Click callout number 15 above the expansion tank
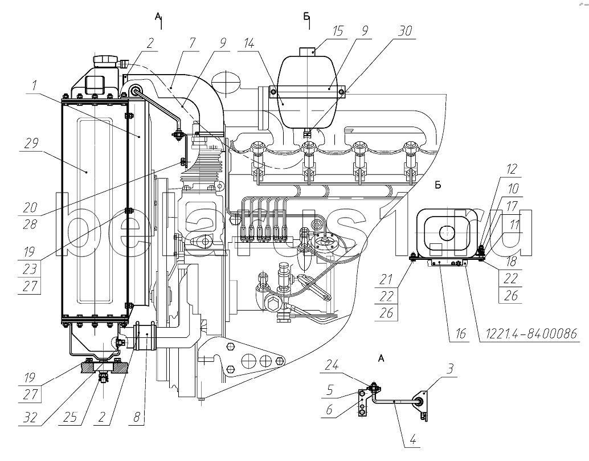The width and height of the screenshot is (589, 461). pos(338,30)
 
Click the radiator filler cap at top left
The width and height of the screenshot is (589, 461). pos(106,60)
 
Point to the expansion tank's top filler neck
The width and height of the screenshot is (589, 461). pos(308,51)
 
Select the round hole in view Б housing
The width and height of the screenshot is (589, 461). pos(445,231)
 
